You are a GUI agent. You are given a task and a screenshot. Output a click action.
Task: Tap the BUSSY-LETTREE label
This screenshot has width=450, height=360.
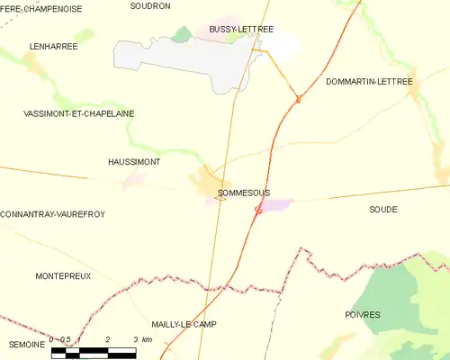coord(240,30)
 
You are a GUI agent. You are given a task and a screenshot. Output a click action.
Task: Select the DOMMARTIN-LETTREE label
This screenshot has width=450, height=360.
coord(368,82)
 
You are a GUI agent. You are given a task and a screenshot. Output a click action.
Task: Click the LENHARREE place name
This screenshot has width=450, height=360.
coord(53,46)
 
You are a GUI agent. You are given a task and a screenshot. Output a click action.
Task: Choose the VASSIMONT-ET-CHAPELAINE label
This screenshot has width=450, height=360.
coord(67,113)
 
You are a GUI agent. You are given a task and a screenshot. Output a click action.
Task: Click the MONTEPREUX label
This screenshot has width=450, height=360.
coord(63,276)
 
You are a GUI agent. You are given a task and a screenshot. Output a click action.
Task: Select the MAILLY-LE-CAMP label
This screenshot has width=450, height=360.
coord(184,324)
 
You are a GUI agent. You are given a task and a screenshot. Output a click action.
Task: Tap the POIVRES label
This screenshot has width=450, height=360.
coord(363,315)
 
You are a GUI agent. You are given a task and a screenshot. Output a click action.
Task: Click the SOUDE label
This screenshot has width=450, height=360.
coord(382,209)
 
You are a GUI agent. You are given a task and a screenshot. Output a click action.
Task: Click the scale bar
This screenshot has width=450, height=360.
coord(94,351)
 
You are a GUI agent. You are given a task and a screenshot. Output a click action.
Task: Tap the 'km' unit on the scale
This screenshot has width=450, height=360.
coord(148,339)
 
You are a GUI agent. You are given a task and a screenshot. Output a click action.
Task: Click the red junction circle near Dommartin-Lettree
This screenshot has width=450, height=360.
coord(298,99)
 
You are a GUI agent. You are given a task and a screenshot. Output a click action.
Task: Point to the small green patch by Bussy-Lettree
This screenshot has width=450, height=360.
coord(183,34)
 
